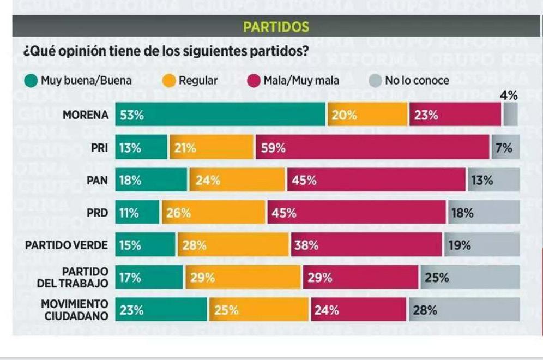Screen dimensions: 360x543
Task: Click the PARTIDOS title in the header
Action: pyautogui.click(x=276, y=27)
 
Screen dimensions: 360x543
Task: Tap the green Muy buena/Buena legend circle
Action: pyautogui.click(x=31, y=81)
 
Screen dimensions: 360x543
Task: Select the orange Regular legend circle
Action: pyautogui.click(x=170, y=81)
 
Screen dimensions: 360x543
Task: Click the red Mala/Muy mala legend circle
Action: pyautogui.click(x=254, y=81)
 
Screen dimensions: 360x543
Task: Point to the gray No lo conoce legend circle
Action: pyautogui.click(x=376, y=81)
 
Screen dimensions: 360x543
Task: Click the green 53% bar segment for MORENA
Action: pyautogui.click(x=220, y=115)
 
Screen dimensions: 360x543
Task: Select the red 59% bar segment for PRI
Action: pyautogui.click(x=372, y=147)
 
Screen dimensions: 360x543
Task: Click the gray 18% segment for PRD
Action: pyautogui.click(x=483, y=212)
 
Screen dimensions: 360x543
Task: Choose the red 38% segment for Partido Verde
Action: pyautogui.click(x=366, y=245)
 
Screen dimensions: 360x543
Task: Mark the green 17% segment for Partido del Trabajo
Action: pyautogui.click(x=149, y=277)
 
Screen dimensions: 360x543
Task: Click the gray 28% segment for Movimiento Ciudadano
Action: pyautogui.click(x=464, y=310)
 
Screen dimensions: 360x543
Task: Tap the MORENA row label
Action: pyautogui.click(x=86, y=115)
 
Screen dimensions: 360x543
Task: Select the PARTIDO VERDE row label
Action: pyautogui.click(x=67, y=245)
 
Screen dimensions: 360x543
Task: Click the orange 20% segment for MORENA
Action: pyautogui.click(x=367, y=115)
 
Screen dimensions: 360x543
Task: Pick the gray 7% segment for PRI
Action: pyautogui.click(x=505, y=147)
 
